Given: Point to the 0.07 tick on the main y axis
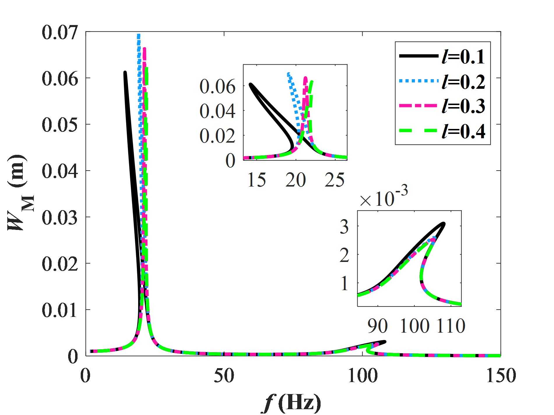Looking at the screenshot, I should point(60,32).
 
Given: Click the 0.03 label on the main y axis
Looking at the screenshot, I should point(60,217).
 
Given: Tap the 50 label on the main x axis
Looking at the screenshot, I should point(224,376).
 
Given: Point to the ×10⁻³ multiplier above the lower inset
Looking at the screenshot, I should point(384,198).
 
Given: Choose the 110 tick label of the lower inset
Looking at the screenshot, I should point(451,326).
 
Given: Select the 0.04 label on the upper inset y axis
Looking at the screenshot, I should point(217,111).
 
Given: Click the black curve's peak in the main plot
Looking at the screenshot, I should point(125,72).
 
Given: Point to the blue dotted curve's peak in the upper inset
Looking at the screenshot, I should point(289,74).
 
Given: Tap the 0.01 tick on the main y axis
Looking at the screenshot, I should point(60,310).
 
